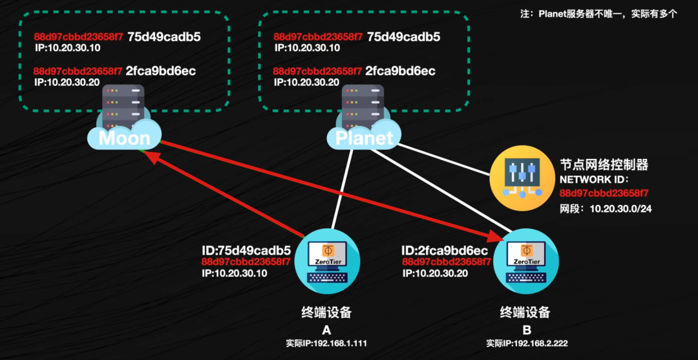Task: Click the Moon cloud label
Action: [124, 138]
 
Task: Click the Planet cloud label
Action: [364, 138]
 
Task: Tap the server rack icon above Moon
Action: [123, 107]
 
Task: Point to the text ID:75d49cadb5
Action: [246, 250]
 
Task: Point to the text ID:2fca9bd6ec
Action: [444, 250]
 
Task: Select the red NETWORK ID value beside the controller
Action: [604, 193]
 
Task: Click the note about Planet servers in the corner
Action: [599, 13]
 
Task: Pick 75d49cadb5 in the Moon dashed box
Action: [164, 37]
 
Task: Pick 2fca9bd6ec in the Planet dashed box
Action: [400, 70]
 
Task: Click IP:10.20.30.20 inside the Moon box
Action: [67, 82]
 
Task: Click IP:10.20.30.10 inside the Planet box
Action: [307, 48]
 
